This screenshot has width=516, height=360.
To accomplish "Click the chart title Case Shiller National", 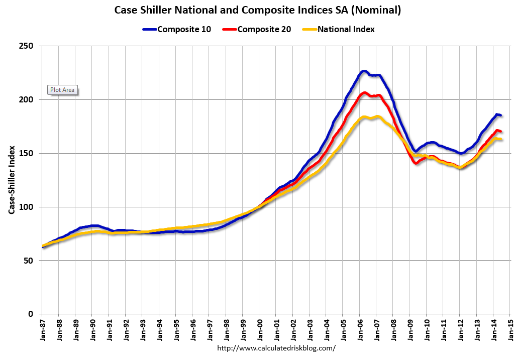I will click(258, 10).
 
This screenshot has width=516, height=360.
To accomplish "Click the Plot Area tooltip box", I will click(62, 90).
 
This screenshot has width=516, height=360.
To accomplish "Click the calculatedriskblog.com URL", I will click(276, 348).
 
